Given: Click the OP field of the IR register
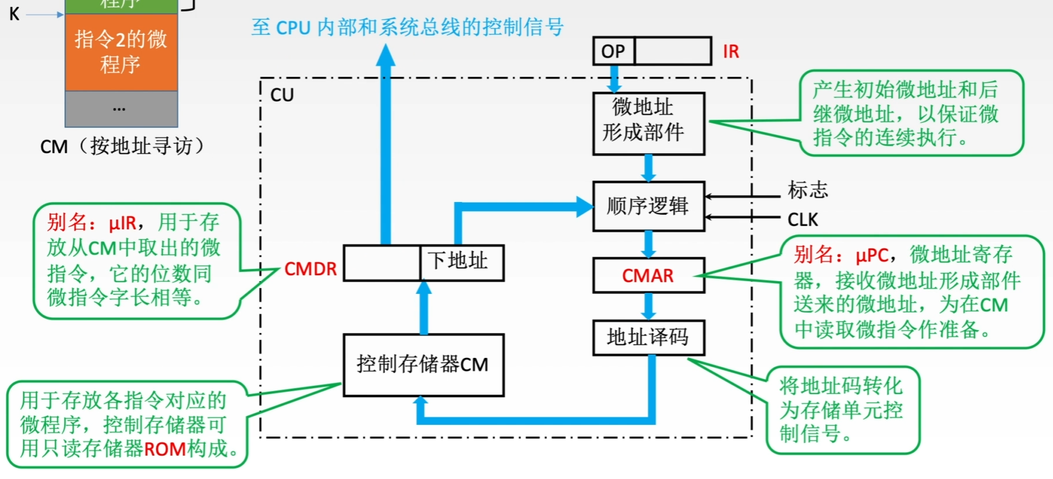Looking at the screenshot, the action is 614,51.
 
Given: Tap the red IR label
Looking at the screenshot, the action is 731,52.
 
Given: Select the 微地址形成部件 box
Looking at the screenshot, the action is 649,123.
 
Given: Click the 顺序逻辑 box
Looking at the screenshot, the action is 649,206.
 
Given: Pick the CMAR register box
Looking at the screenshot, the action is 649,275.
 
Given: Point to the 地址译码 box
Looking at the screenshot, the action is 649,338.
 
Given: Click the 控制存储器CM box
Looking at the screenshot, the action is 423,365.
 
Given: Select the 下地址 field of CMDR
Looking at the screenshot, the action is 462,263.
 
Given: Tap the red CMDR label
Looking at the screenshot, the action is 310,269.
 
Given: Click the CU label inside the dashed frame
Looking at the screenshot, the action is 282,95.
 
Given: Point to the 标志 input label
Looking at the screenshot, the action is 808,190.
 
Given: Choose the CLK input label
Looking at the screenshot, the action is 803,220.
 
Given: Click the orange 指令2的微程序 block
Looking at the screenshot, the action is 121,52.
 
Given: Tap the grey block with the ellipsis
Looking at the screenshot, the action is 121,109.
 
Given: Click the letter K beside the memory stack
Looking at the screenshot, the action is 15,14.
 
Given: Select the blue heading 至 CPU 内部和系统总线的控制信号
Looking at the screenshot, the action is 408,27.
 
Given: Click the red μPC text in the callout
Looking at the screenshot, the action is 872,256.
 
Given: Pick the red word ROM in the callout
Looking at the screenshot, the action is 165,449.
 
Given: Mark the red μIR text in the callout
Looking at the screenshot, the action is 122,223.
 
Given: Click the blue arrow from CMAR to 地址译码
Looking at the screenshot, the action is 649,306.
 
